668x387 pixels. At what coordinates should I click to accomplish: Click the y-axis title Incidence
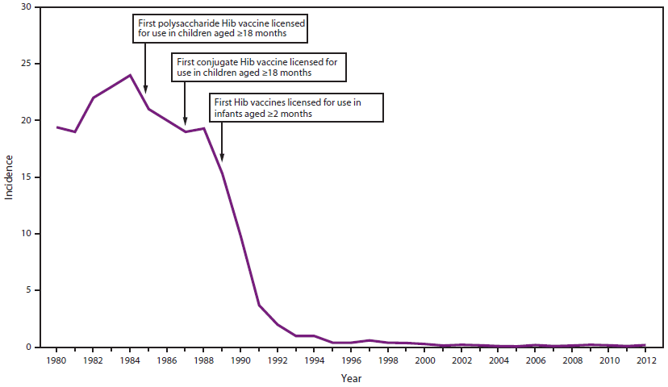[9, 177]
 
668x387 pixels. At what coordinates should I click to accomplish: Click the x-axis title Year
[351, 377]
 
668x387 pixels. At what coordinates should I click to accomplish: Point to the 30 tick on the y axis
[27, 7]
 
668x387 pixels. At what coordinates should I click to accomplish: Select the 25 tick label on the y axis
[27, 64]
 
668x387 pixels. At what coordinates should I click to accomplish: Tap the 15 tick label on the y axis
[27, 177]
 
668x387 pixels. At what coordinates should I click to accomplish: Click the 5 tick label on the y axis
[30, 290]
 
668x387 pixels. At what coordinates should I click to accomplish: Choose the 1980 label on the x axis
[56, 360]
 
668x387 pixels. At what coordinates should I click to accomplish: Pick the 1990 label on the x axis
[240, 360]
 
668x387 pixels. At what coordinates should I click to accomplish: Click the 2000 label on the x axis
[424, 360]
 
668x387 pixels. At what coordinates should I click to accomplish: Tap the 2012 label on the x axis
[645, 360]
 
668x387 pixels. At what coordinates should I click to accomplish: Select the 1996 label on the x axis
[351, 360]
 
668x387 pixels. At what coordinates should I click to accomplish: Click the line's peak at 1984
[130, 75]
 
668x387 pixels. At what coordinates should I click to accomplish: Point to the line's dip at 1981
[75, 131]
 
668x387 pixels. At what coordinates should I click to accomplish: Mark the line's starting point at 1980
[56, 127]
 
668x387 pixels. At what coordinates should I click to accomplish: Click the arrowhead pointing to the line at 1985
[146, 89]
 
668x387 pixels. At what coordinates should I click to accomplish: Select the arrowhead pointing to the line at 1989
[222, 158]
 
